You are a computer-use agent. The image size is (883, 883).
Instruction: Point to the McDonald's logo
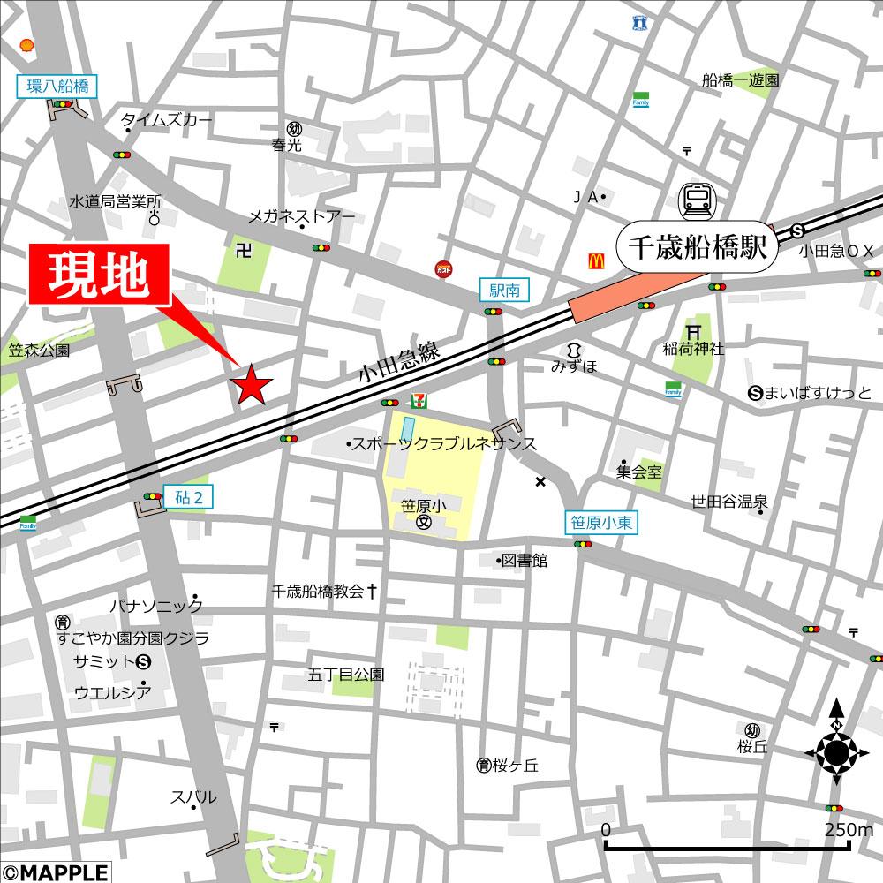pos(595,260)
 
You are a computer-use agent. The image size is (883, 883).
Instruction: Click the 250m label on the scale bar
pos(849,830)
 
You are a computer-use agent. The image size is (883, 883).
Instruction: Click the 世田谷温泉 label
pos(729,502)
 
